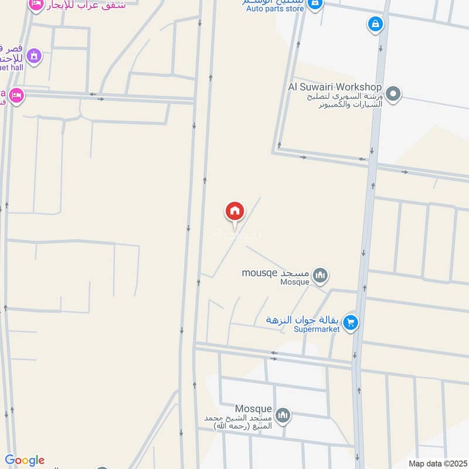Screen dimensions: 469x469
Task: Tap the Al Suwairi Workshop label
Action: [335, 87]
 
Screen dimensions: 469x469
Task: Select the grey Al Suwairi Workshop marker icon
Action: [395, 94]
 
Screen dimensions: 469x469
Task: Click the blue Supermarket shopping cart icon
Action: [351, 322]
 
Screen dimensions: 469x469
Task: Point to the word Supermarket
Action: [317, 329]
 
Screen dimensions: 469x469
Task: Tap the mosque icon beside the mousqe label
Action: [320, 274]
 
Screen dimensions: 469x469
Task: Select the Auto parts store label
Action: [275, 9]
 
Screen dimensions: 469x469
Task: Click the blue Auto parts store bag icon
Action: [315, 5]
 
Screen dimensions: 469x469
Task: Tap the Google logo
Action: [24, 460]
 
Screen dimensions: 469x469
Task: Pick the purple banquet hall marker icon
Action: [34, 56]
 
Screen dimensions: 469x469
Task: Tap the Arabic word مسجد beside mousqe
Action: [295, 273]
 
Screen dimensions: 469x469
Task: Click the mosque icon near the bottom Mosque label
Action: [283, 415]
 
